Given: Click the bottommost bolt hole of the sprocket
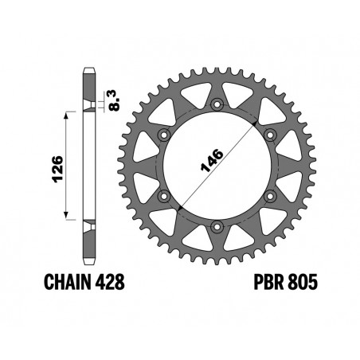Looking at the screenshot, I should click(x=217, y=229).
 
